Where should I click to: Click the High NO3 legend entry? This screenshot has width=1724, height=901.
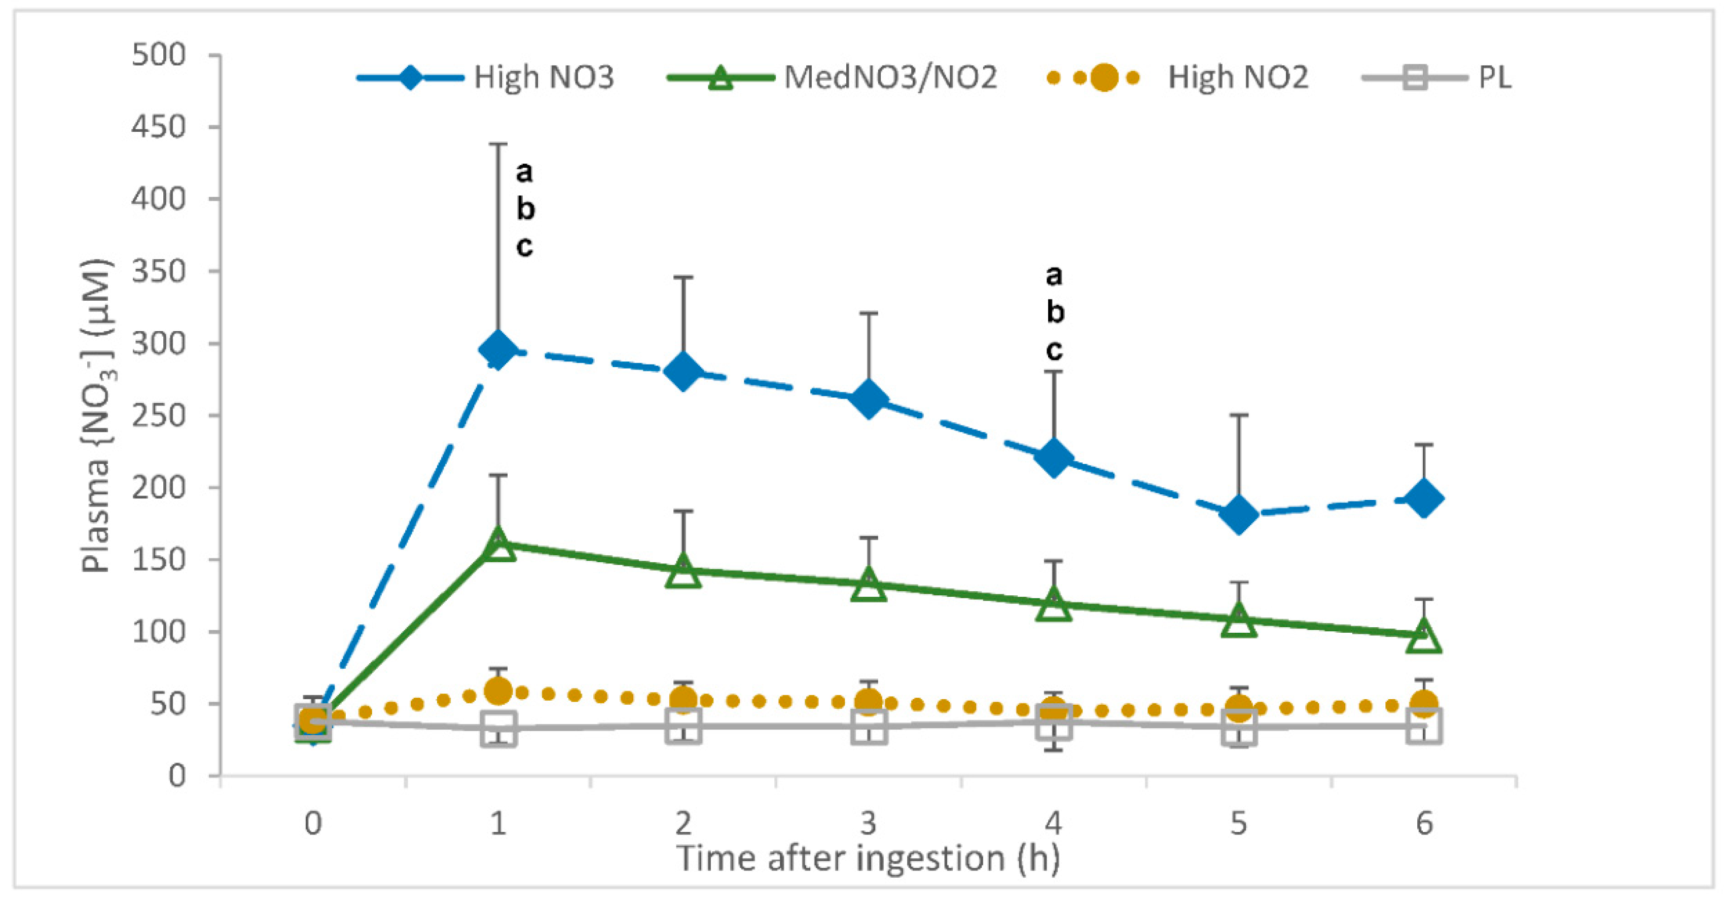point(486,78)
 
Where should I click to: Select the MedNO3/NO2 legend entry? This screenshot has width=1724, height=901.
point(833,78)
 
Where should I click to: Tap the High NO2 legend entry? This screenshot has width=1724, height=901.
point(1178,78)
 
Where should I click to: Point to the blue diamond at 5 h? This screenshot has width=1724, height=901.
point(1239,514)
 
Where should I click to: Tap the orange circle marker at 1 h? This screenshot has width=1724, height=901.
point(498,690)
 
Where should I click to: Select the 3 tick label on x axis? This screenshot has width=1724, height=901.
point(869,823)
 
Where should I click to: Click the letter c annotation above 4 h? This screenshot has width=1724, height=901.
point(1054,349)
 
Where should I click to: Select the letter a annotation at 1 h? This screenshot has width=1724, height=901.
point(525,172)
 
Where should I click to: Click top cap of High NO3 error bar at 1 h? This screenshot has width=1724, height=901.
point(498,144)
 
